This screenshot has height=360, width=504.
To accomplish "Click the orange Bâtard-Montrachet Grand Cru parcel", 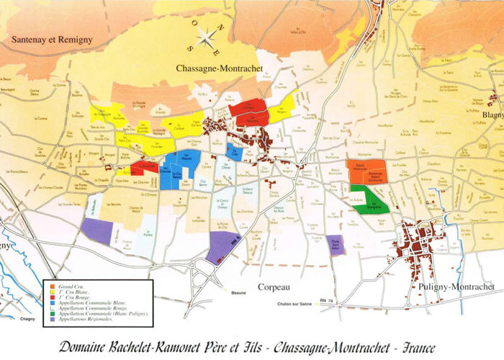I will pos(366,174).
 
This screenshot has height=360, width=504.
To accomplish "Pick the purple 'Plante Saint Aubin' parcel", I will pos(335,245).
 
